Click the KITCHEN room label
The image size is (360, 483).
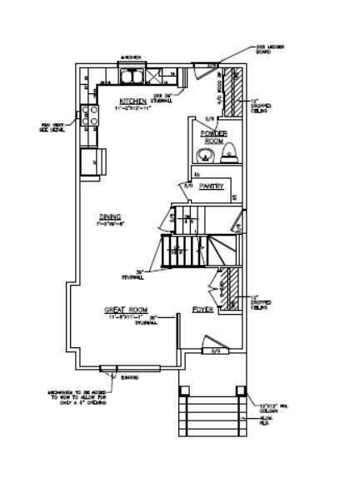[x=132, y=101]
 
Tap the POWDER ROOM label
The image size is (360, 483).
[x=213, y=137]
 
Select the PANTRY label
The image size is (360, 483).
[x=211, y=187]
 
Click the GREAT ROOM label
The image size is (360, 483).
[x=126, y=310]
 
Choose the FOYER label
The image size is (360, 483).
[x=202, y=309]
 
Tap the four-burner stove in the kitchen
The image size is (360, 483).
[x=88, y=116]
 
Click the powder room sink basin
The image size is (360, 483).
[x=203, y=156]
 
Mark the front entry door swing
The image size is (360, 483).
[x=212, y=342]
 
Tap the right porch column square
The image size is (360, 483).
[x=241, y=390]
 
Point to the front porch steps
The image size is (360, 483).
[x=212, y=417]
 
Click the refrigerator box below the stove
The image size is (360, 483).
[x=89, y=159]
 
